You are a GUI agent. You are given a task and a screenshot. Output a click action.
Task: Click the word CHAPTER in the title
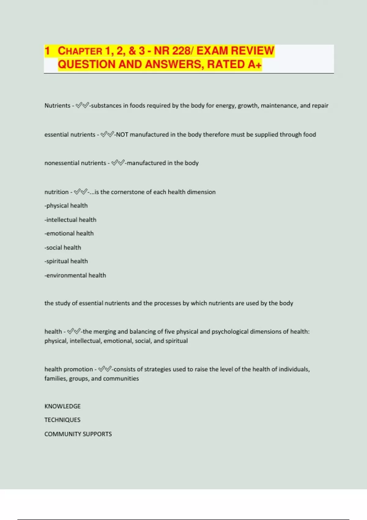[80, 51]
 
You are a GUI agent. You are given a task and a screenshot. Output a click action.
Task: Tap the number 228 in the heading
[180, 51]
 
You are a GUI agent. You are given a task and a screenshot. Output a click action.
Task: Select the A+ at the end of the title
[254, 65]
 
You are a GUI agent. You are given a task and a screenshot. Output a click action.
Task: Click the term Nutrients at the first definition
[57, 106]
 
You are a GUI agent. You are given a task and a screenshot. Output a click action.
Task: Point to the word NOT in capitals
[122, 135]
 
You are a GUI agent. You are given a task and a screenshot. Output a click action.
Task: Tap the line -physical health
[66, 206]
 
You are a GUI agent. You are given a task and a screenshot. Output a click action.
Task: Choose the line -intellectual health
[70, 220]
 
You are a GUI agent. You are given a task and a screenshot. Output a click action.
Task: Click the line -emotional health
[69, 233]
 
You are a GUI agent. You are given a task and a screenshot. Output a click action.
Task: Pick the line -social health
[63, 247]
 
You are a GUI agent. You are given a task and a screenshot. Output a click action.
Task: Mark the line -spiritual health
[66, 261]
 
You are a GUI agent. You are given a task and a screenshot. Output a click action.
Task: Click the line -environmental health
[75, 275]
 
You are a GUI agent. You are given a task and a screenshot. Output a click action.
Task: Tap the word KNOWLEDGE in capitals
[62, 406]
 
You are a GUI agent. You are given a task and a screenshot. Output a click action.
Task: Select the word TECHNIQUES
[62, 420]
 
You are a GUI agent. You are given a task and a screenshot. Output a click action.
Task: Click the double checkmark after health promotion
[105, 369]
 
